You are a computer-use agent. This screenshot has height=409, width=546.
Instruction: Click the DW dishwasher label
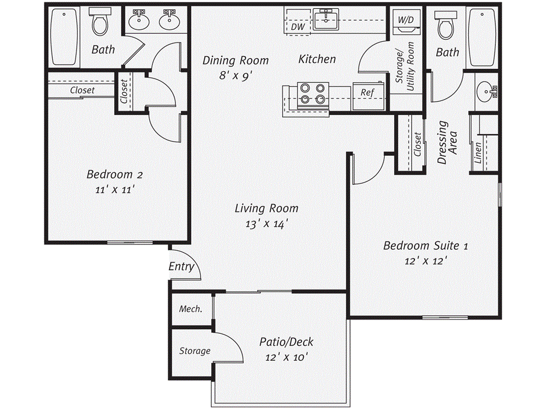[x=298, y=27]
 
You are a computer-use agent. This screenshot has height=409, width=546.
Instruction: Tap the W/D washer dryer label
[x=406, y=20]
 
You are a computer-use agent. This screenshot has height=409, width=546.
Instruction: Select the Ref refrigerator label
[x=367, y=93]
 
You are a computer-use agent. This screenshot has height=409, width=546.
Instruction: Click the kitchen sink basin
[x=326, y=20]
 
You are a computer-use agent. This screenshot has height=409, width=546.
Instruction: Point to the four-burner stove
[x=312, y=94]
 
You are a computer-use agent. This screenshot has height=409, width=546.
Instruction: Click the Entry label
[x=181, y=267]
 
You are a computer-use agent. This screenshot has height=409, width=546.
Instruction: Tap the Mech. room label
[x=191, y=309]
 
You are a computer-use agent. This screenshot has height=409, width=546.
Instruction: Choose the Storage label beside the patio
[x=195, y=351]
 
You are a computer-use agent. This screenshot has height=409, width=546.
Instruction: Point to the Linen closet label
[x=478, y=153]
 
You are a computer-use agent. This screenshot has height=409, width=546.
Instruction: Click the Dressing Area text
[x=447, y=142]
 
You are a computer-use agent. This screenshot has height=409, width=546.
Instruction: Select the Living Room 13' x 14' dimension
[x=267, y=224]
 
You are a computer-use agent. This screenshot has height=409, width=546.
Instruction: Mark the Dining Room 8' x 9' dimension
[x=235, y=75]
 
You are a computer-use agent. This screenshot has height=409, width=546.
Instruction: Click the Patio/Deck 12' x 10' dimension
[x=286, y=357]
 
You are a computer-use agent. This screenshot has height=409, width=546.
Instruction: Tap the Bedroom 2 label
[x=115, y=174]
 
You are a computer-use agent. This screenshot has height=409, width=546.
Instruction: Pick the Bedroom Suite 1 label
[x=425, y=246]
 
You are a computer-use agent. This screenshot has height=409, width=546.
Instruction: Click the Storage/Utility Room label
[x=405, y=67]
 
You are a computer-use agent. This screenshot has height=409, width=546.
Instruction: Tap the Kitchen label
[x=317, y=59]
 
